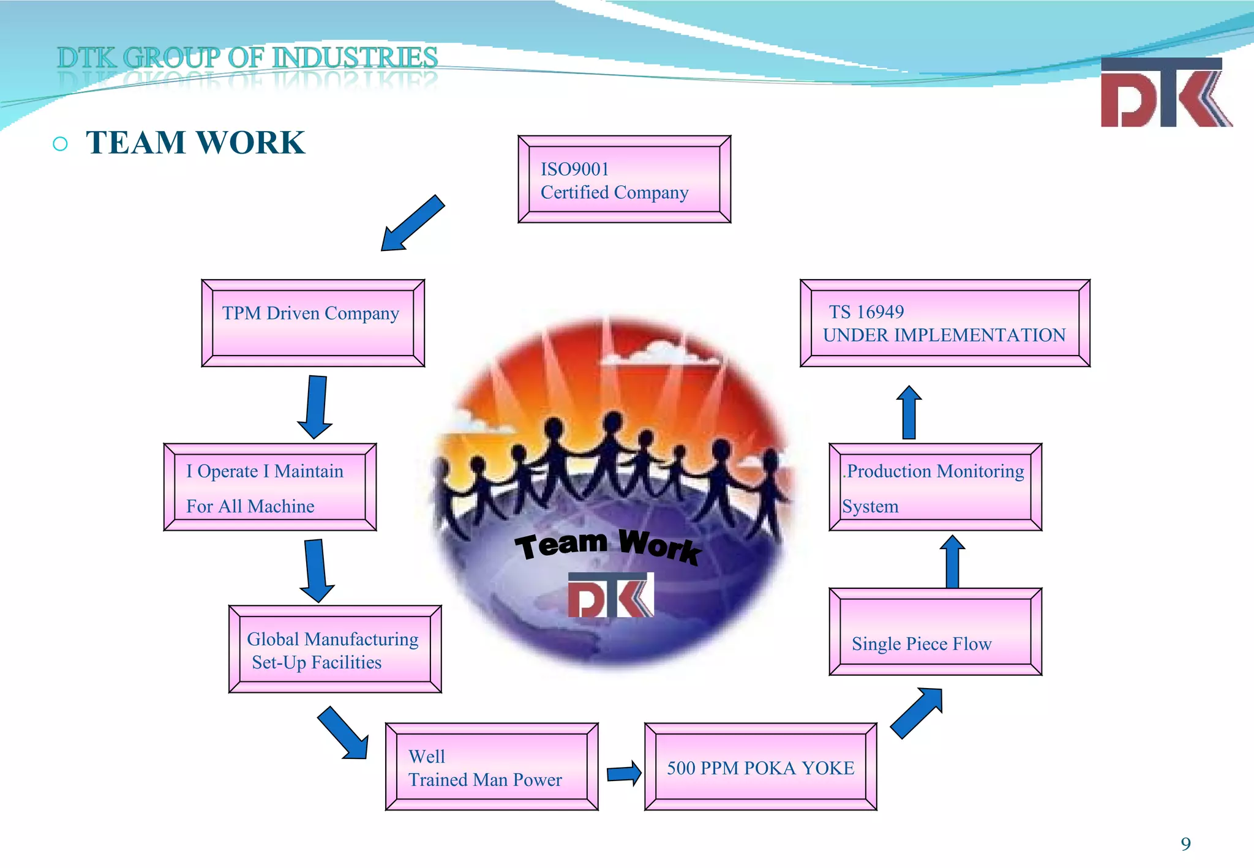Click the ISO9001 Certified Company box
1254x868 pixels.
(x=624, y=179)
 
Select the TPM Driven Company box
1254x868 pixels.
(x=313, y=323)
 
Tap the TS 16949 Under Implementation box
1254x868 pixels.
(x=945, y=323)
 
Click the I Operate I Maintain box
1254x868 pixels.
(x=270, y=487)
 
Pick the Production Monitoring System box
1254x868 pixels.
(x=935, y=487)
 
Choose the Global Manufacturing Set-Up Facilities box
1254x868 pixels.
(x=335, y=649)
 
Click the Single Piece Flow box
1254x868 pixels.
(x=935, y=632)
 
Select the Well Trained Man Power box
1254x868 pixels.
(x=492, y=767)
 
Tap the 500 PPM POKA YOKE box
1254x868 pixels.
(x=760, y=767)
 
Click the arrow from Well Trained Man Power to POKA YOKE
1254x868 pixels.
(x=624, y=774)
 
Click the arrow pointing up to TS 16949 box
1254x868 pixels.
(x=909, y=413)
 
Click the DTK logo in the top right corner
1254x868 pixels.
(x=1165, y=93)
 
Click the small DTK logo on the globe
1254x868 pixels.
(x=610, y=595)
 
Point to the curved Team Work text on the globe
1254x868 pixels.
(x=607, y=545)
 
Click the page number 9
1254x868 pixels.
(x=1185, y=844)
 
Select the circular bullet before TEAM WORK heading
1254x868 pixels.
(x=60, y=144)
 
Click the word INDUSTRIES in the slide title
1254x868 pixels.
(x=355, y=58)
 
